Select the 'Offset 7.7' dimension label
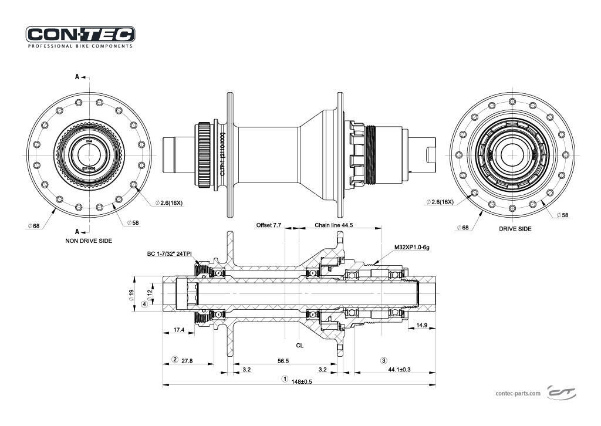point(269,225)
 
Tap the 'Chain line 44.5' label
point(334,225)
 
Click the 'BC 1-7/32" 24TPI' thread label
point(169,255)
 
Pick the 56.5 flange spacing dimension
point(283,361)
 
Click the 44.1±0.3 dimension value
point(399,370)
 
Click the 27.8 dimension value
point(188,360)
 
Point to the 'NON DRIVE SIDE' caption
point(89,241)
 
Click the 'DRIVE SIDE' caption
point(515,229)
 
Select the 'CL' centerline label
point(300,346)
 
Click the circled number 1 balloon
point(285,379)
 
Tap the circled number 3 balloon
point(384,360)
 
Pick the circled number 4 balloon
point(144,304)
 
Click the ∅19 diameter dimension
point(131,293)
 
